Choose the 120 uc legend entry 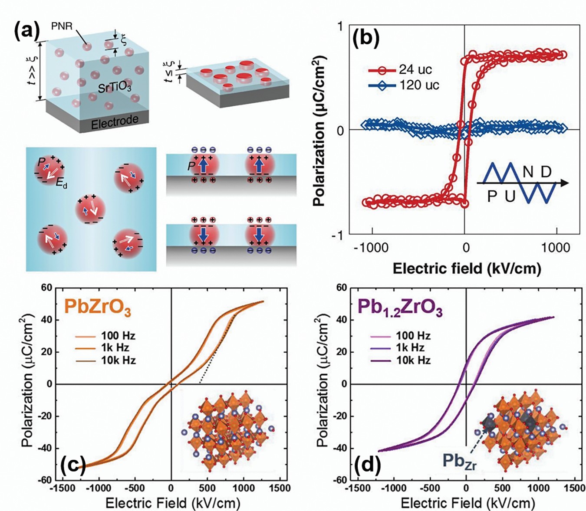(x=419, y=85)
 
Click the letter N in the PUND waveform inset (x=527, y=172)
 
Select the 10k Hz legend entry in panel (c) (x=118, y=360)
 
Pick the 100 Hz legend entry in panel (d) (x=413, y=336)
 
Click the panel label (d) (x=368, y=465)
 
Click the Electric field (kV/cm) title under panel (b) (x=467, y=269)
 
